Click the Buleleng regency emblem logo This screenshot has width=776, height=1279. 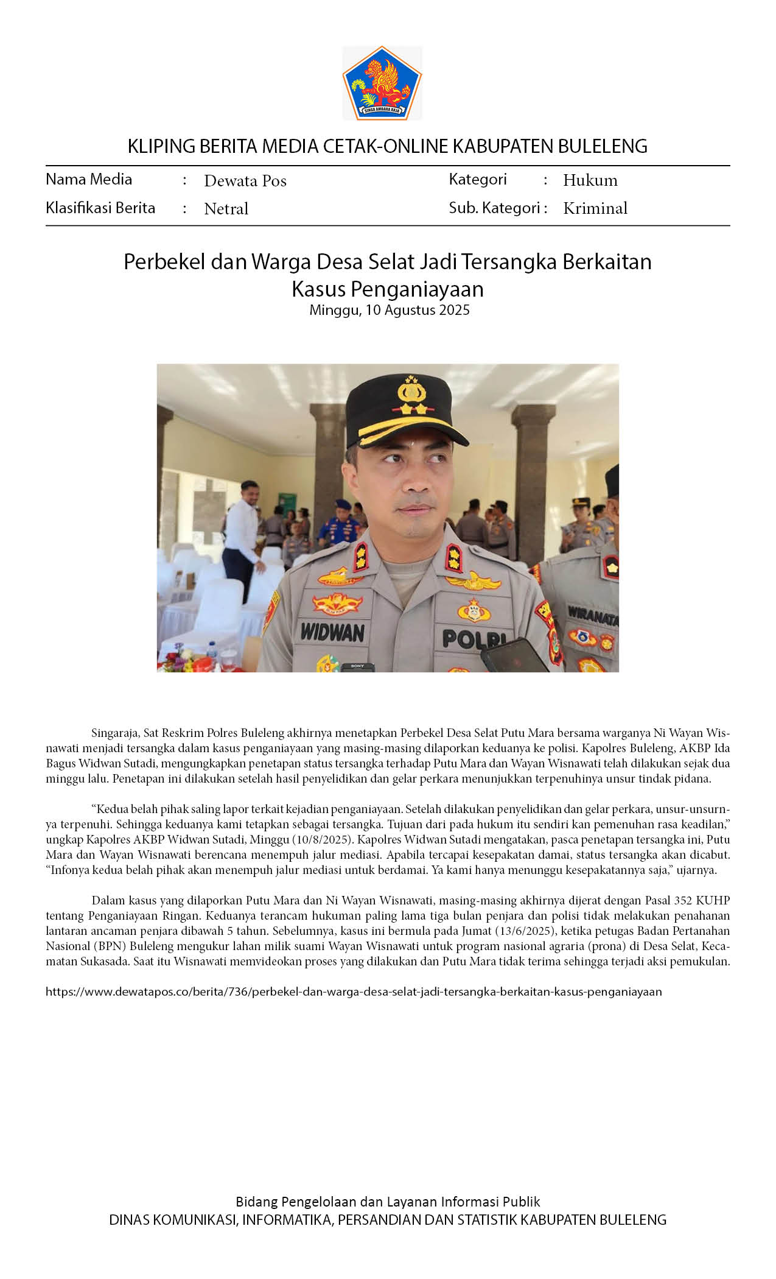point(382,83)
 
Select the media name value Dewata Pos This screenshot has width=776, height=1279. point(245,181)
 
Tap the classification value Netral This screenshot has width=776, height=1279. point(226,209)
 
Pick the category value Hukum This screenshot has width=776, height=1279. point(590,180)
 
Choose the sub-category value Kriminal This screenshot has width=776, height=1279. point(595,208)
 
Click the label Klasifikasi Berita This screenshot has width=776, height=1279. point(100,208)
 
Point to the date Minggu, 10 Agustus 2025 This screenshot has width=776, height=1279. point(389,310)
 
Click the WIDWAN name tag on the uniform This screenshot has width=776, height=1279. point(332,632)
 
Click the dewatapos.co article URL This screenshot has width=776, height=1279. point(354,992)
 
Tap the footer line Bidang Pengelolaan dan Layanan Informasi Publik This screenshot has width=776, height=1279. point(388,1202)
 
